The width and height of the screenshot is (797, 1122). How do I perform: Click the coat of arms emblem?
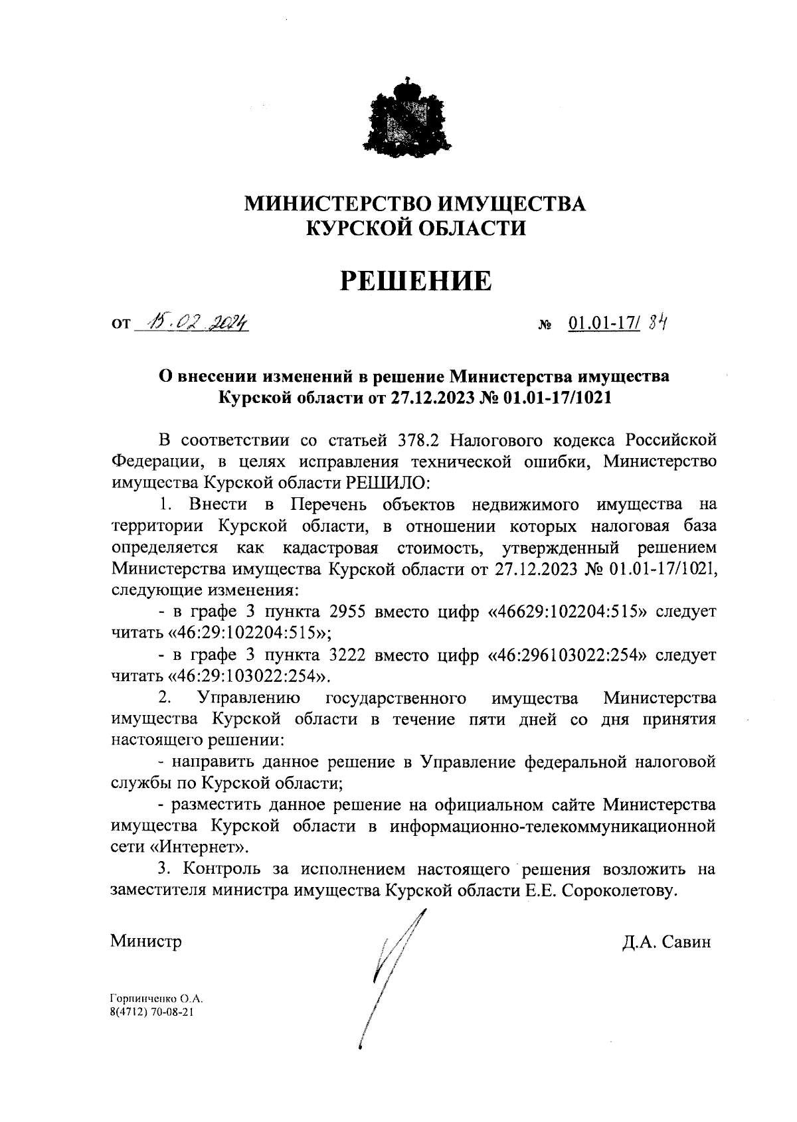click(408, 118)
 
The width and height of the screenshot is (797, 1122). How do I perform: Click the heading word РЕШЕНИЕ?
click(416, 281)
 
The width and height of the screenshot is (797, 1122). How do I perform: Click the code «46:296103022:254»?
click(568, 655)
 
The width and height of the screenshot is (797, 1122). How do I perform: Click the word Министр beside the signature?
click(146, 941)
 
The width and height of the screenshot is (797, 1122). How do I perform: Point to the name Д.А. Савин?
click(666, 941)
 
